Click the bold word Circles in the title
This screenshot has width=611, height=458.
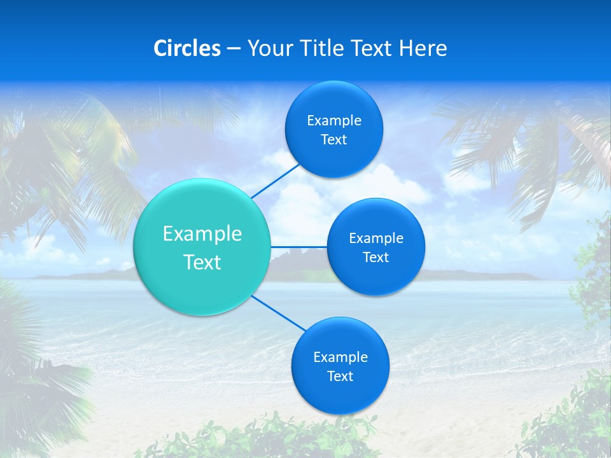(x=186, y=48)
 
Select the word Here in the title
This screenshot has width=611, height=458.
(x=423, y=48)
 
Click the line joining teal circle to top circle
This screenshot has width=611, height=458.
(x=276, y=181)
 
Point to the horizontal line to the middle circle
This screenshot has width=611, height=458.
(x=298, y=247)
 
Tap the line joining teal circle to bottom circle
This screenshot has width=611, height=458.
(x=279, y=313)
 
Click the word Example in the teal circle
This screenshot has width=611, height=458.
(x=202, y=234)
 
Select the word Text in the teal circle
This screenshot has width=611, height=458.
(x=202, y=262)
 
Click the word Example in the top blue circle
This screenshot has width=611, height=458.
(x=334, y=121)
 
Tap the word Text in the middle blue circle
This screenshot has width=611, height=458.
(x=376, y=258)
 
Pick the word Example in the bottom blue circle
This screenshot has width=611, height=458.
(x=341, y=357)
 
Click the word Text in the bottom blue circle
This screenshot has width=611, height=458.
(x=340, y=377)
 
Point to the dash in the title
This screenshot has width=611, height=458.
(x=233, y=49)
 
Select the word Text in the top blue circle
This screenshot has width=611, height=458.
(x=334, y=140)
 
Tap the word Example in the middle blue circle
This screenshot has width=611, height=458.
(x=376, y=239)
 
